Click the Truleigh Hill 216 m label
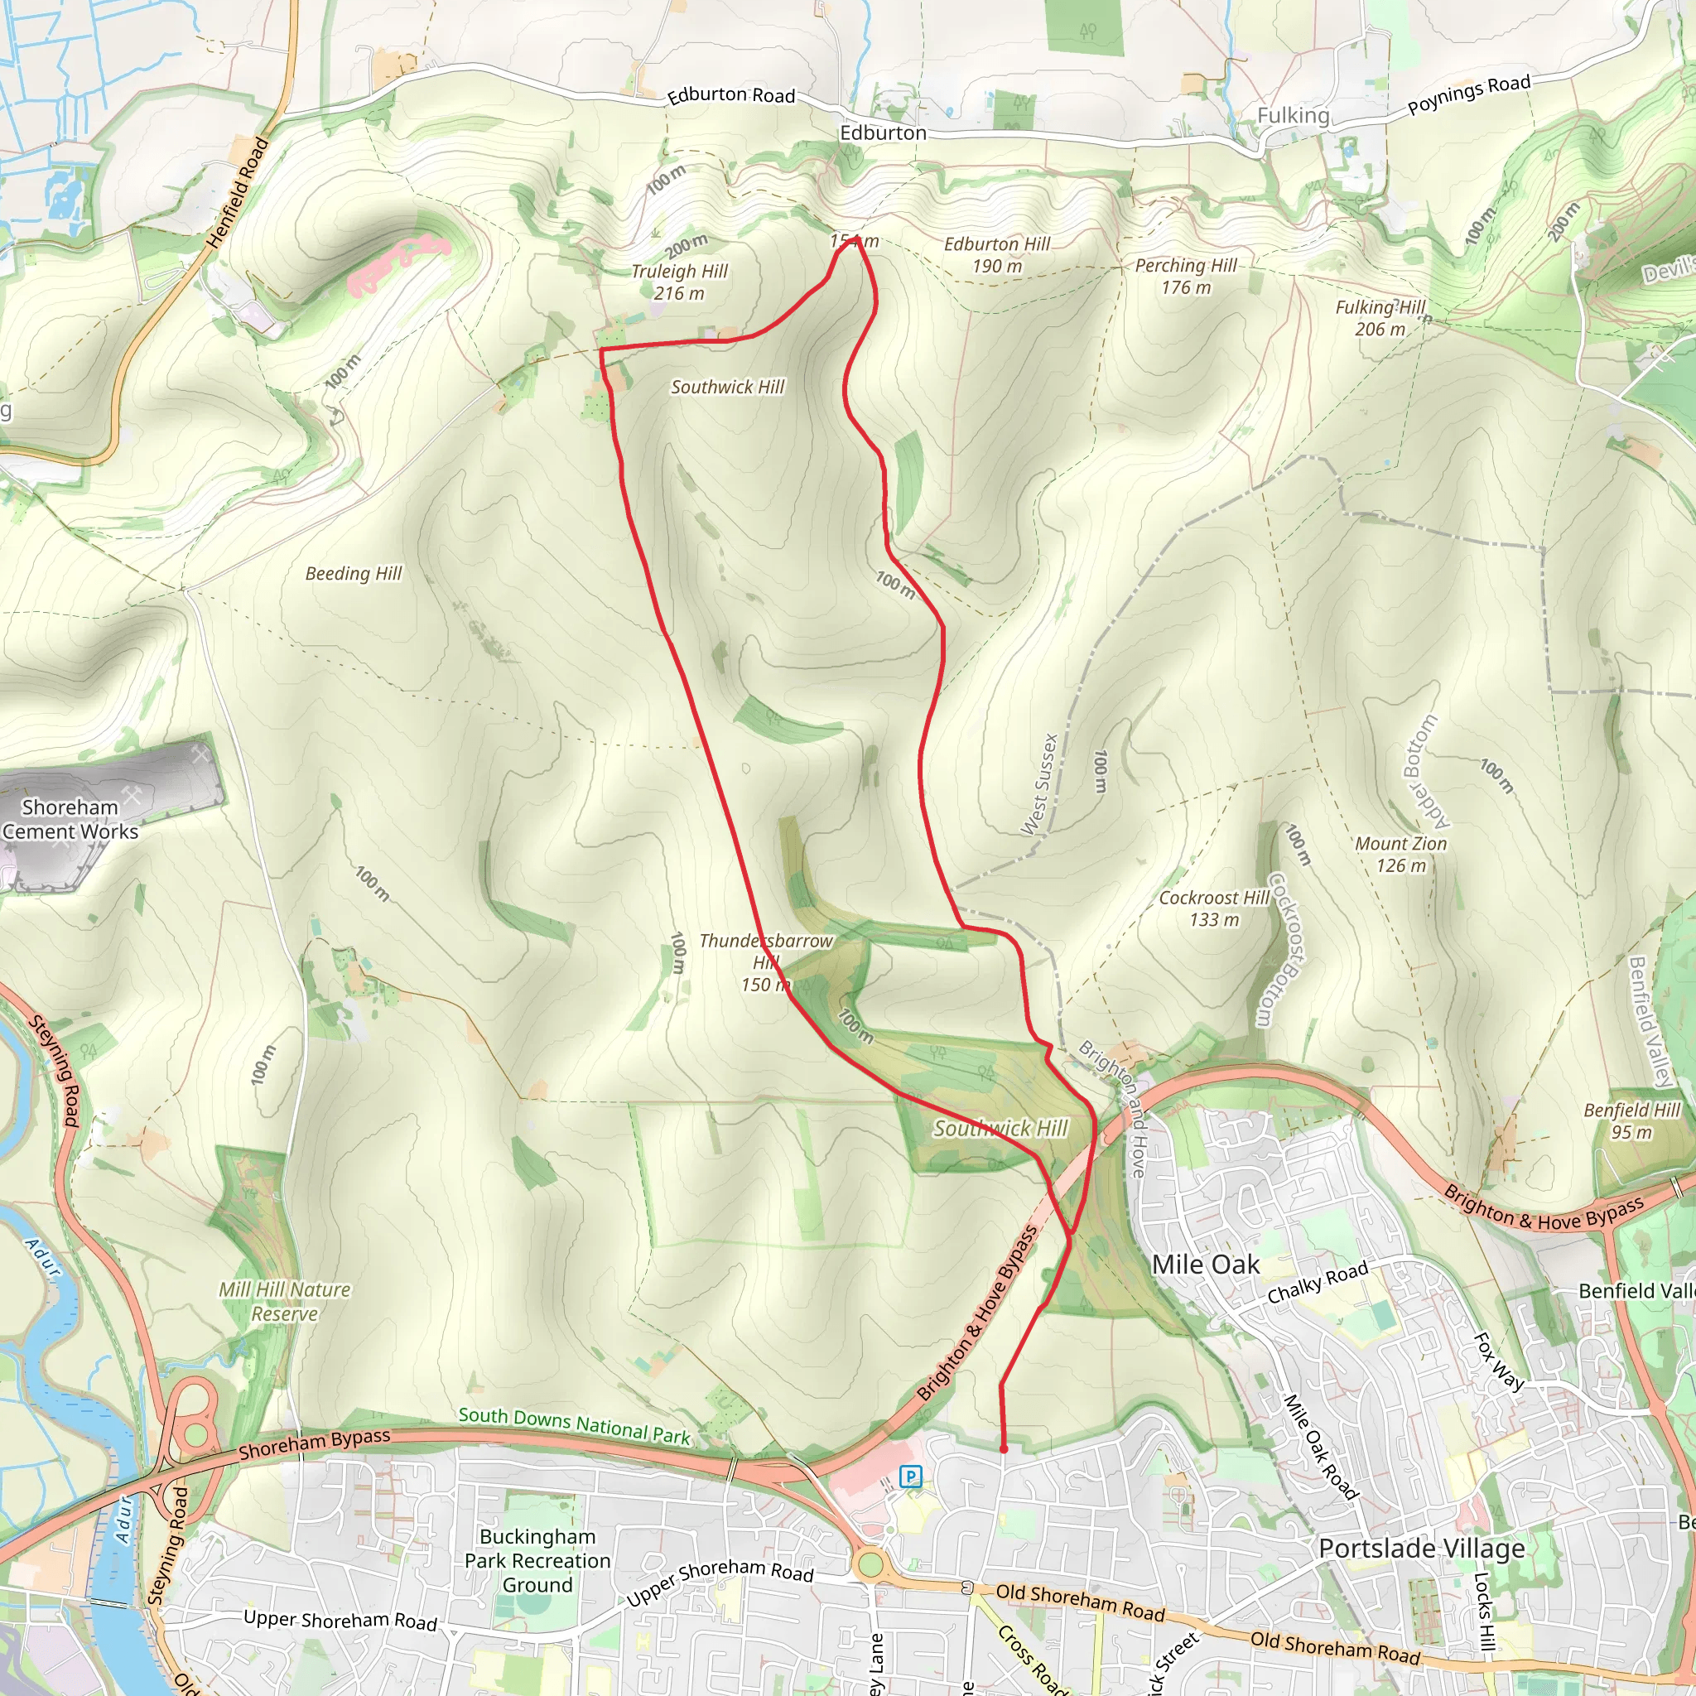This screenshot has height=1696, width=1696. click(x=679, y=282)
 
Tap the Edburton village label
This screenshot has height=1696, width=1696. click(x=882, y=132)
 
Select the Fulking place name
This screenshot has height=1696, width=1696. click(x=1292, y=115)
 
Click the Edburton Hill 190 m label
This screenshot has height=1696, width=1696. click(x=996, y=254)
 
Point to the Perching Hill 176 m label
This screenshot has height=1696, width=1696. click(x=1185, y=276)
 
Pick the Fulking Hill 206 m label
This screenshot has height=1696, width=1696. click(x=1380, y=318)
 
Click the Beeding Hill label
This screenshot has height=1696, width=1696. click(x=353, y=573)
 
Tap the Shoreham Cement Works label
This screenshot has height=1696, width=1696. click(x=70, y=818)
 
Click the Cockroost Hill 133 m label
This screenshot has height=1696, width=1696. click(x=1213, y=908)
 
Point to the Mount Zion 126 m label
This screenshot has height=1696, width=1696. click(x=1400, y=854)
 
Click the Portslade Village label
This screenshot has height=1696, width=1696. click(x=1421, y=1548)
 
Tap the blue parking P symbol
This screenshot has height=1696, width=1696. click(x=910, y=1476)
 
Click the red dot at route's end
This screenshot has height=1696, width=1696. click(x=1004, y=1448)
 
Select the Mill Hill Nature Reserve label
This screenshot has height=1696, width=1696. click(x=284, y=1301)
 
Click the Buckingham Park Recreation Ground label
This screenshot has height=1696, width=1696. click(x=537, y=1560)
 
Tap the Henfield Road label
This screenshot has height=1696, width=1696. click(x=237, y=192)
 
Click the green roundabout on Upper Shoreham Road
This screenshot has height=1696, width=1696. click(x=869, y=1564)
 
